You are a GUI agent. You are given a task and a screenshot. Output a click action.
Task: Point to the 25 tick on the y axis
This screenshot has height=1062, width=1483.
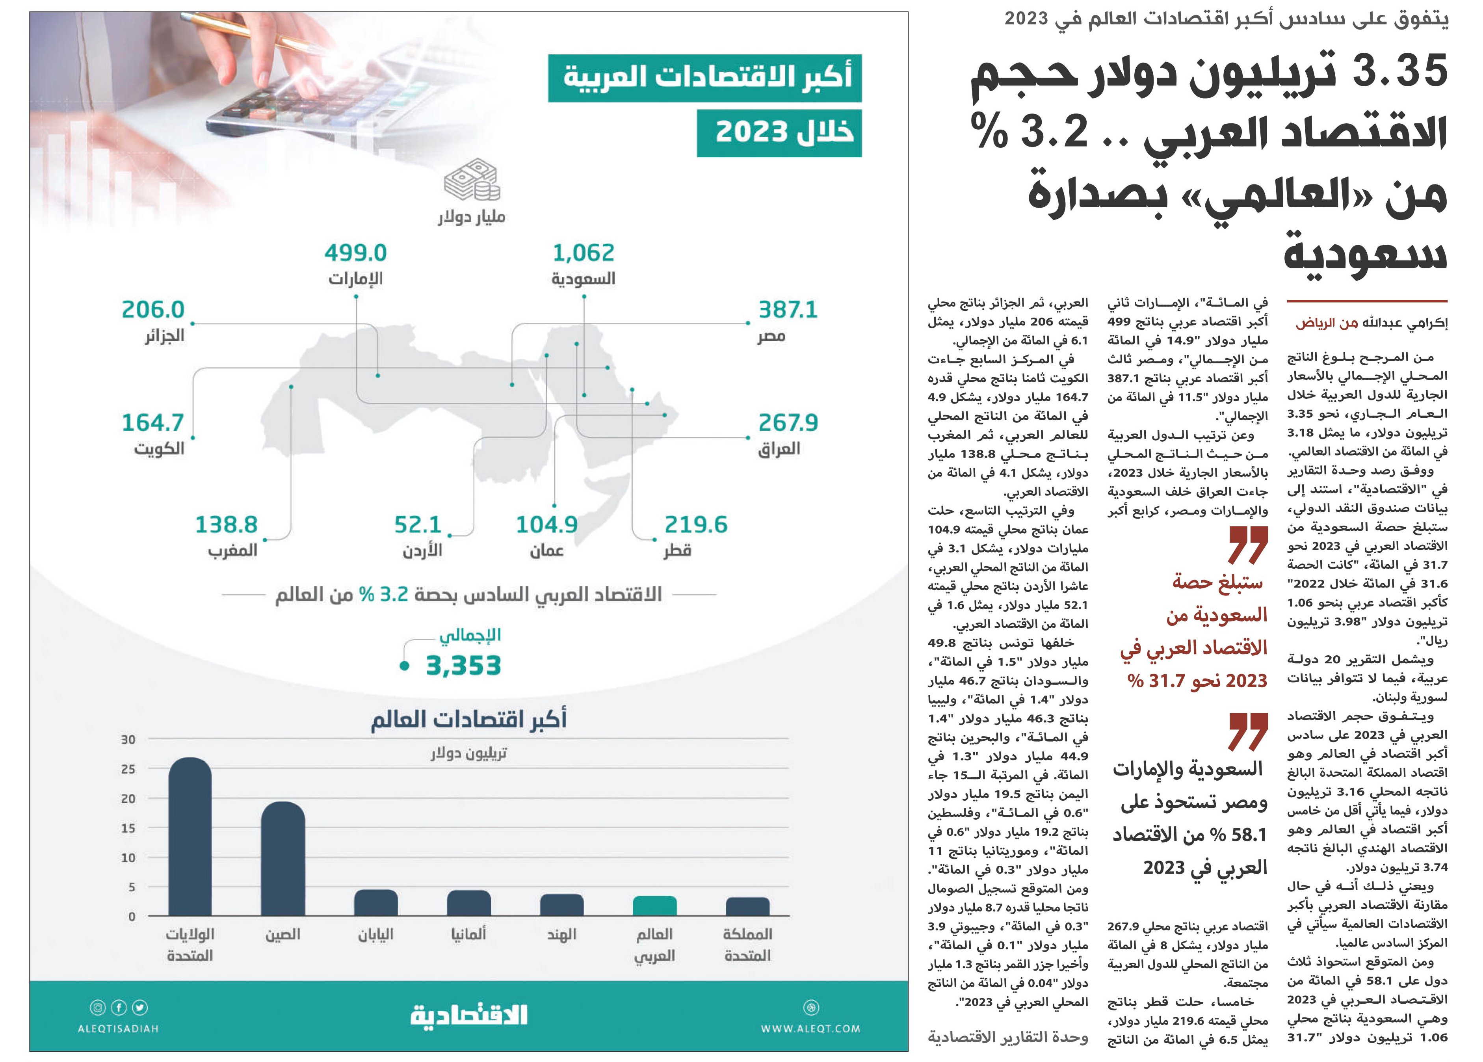[x=128, y=769]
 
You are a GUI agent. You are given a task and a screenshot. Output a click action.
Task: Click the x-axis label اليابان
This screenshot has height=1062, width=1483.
[x=375, y=934]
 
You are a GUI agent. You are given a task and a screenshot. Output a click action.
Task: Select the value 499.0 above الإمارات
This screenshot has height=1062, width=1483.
[x=356, y=253]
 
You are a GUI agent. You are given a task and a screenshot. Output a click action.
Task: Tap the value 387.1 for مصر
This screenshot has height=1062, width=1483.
[x=788, y=309]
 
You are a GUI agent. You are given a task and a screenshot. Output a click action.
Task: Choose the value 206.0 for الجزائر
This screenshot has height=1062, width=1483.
[x=153, y=309]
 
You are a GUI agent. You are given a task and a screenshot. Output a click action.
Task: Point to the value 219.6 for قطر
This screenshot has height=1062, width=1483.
[x=696, y=524]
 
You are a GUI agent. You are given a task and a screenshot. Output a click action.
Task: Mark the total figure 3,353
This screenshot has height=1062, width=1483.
[x=464, y=666]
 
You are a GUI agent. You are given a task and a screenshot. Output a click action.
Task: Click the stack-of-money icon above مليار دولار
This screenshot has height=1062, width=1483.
[x=472, y=180]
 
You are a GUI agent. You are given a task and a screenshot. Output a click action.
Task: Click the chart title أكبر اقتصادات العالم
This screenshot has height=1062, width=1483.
[x=469, y=719]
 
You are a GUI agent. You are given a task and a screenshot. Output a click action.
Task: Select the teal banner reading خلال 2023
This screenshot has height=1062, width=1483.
[x=779, y=133]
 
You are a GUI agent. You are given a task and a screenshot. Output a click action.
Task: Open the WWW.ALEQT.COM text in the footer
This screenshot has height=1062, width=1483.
[x=811, y=1029]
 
